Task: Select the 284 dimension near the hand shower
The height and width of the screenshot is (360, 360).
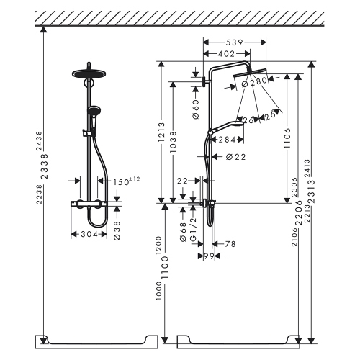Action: [229, 139]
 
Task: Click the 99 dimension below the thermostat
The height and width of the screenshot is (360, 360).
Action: [210, 256]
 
